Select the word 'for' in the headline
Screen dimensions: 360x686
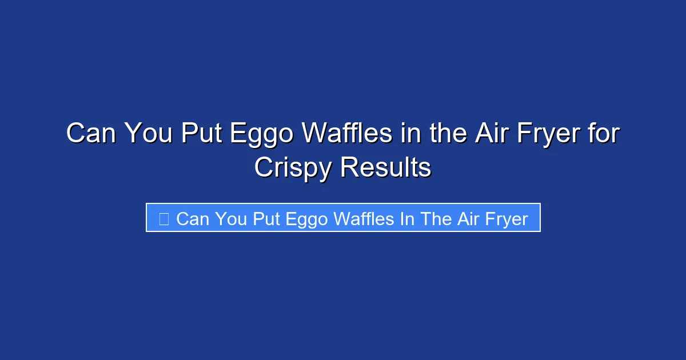pos(604,134)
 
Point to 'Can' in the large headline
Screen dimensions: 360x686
pos(91,134)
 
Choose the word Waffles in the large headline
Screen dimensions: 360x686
pos(347,134)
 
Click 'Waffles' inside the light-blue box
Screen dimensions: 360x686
pos(364,219)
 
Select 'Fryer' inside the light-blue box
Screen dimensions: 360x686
pos(504,219)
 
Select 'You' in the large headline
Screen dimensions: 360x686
pos(148,134)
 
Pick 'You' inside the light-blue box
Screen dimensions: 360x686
pos(230,219)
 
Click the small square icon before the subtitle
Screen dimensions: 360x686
pos(163,219)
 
